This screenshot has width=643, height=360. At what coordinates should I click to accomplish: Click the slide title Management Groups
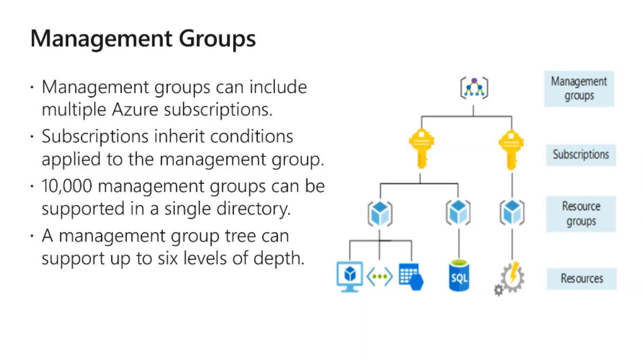pos(143,39)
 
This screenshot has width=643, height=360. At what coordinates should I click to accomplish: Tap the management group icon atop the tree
pos(474,88)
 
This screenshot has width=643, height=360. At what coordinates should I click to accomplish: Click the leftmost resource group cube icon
pos(379,213)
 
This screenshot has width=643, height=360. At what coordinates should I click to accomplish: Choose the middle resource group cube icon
pos(458,212)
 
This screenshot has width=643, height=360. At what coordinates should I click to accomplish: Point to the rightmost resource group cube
pos(511,212)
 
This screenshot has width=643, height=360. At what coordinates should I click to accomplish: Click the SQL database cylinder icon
pos(459,275)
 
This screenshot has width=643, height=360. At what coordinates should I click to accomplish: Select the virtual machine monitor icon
pos(350,276)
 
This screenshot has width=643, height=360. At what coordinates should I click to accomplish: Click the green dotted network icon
pos(379,277)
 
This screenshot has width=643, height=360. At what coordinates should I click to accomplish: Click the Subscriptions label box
pos(581,155)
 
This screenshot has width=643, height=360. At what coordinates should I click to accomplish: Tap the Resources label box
pos(582,278)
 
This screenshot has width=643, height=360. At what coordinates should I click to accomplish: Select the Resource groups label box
pos(581,213)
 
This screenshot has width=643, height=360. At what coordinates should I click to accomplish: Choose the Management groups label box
pos(579,88)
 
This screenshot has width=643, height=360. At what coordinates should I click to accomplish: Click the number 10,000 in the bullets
pos(69,186)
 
